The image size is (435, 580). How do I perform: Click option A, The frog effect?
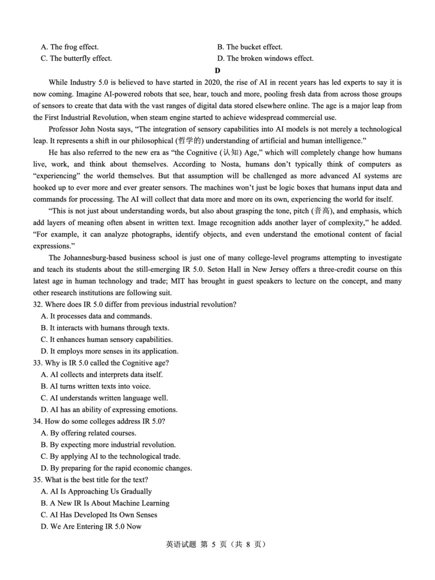click(70, 47)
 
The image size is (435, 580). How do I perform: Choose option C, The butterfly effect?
click(76, 59)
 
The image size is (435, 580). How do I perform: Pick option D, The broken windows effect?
click(265, 59)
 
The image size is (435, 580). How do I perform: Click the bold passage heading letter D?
click(217, 70)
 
